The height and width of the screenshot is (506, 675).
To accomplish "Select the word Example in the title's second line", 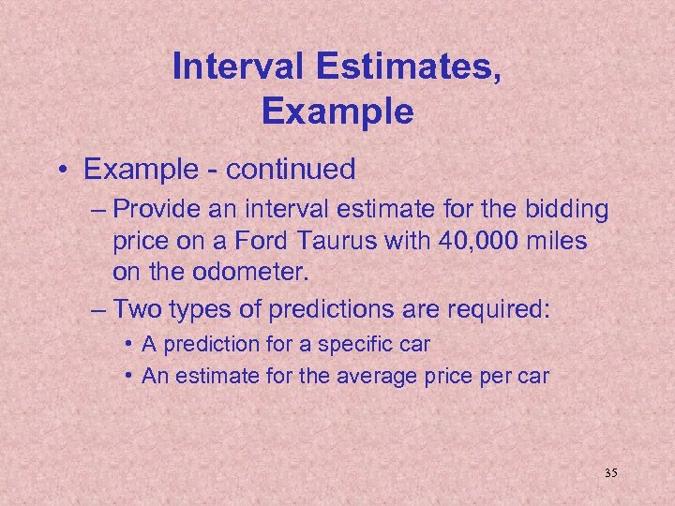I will pyautogui.click(x=337, y=112).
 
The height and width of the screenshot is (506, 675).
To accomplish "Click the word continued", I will pyautogui.click(x=291, y=170).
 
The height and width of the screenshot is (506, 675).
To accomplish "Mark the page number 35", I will pyautogui.click(x=610, y=473).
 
